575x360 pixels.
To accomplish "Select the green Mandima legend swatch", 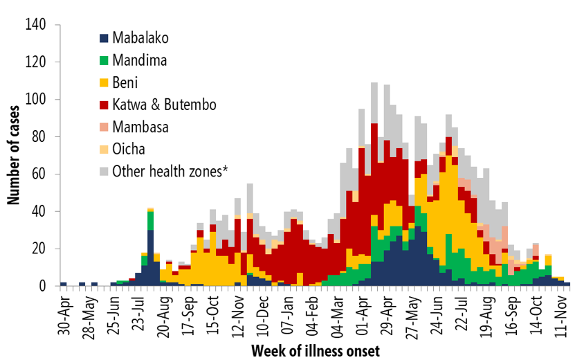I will (x=104, y=60).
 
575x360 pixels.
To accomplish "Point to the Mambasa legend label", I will (x=141, y=127).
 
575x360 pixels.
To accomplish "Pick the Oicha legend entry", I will (x=129, y=149).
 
